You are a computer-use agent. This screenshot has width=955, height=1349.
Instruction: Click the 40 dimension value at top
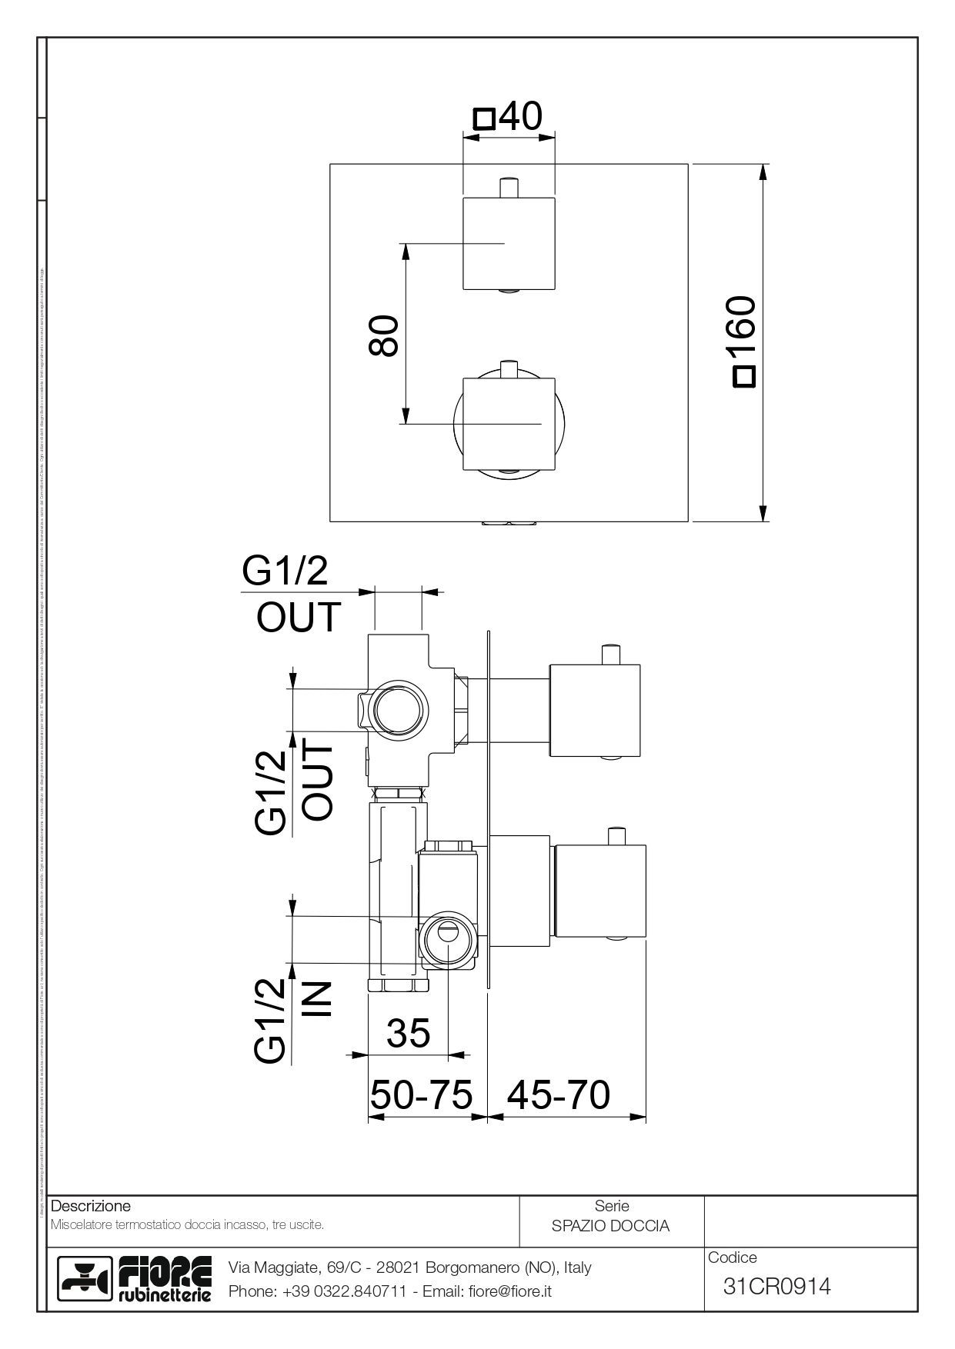pos(520,116)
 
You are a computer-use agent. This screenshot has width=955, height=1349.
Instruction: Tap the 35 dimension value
pos(409,1033)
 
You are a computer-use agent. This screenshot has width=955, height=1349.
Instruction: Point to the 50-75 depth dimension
pos(421,1094)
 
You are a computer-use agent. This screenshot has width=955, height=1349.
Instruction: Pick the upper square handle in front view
pos(508,243)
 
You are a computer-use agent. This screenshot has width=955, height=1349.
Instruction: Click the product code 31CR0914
pos(777,1286)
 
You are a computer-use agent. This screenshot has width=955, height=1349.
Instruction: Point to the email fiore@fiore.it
pos(510,1291)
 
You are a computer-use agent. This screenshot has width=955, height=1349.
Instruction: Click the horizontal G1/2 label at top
pos(285,571)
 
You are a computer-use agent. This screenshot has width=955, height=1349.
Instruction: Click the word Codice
pos(732,1257)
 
